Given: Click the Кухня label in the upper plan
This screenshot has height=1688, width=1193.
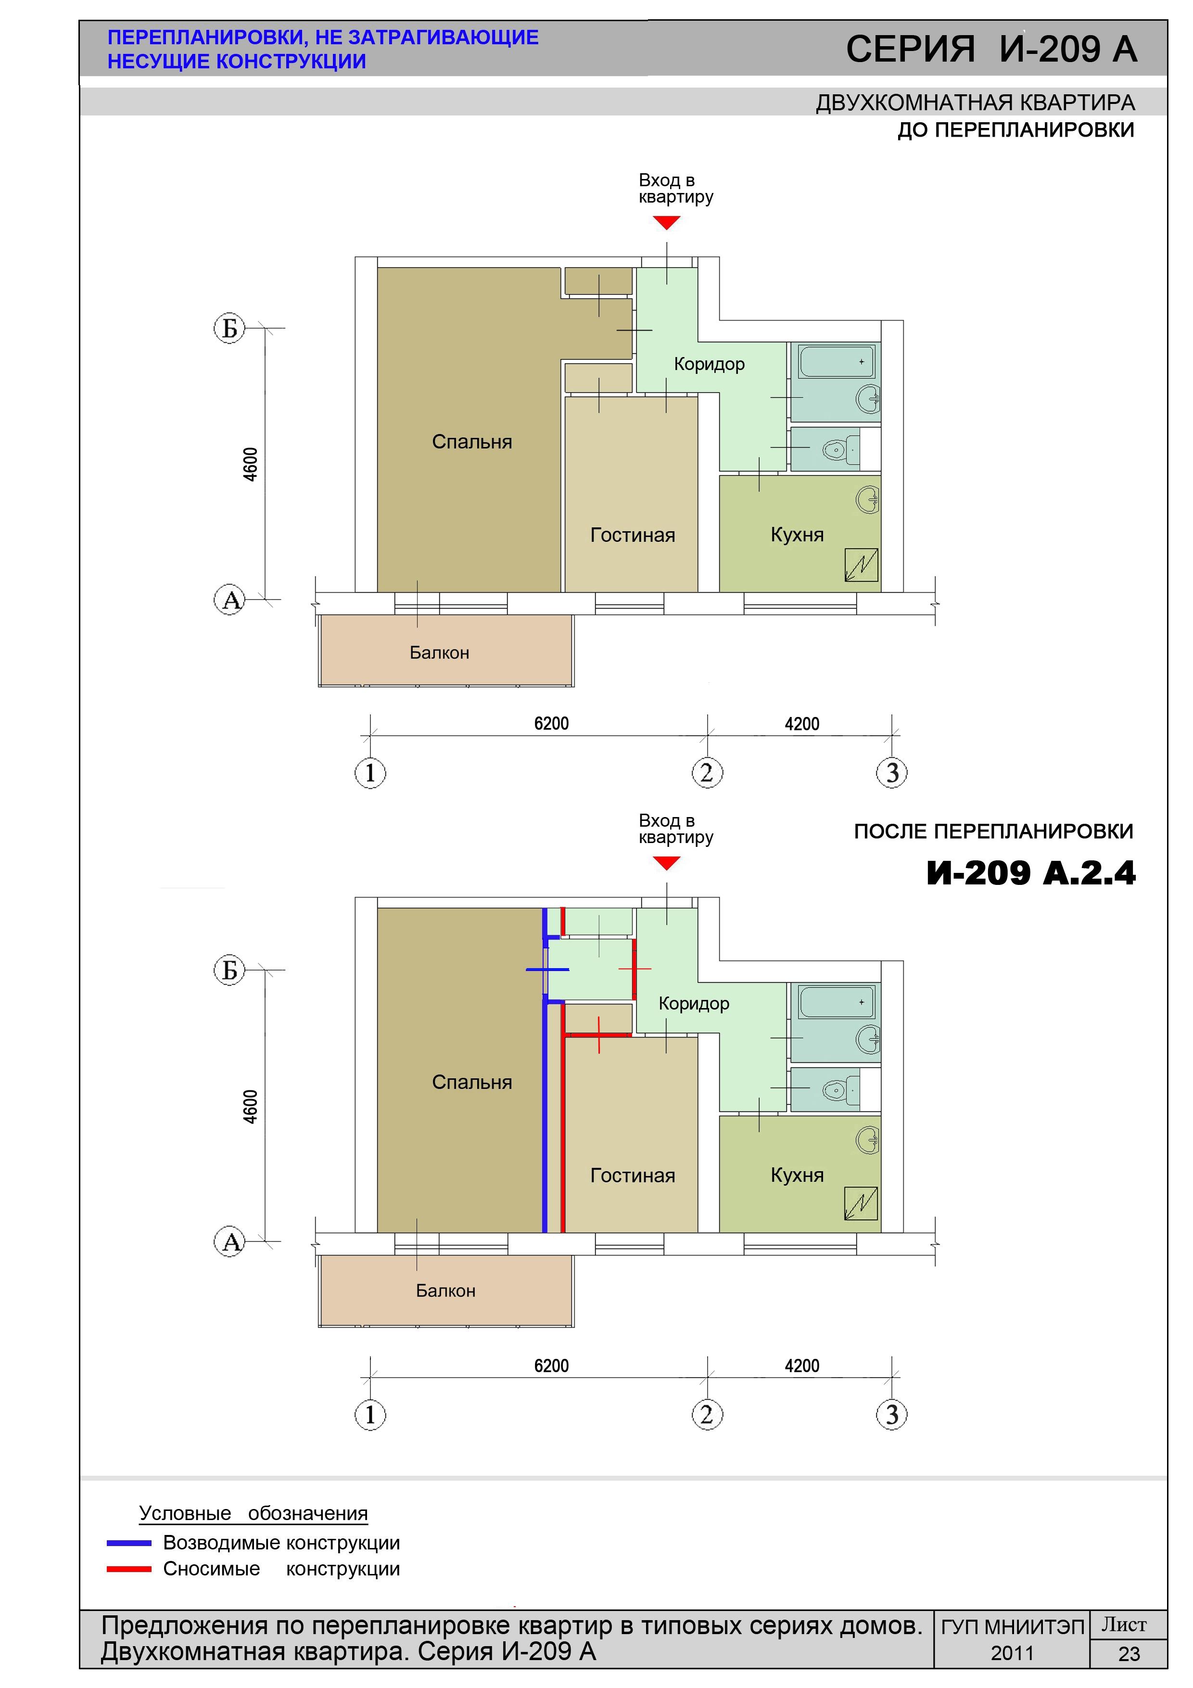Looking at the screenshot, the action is pos(797,535).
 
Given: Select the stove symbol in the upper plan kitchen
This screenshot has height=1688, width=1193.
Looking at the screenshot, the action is pos(862,564).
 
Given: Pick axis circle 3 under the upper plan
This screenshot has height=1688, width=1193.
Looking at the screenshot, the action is pos(892,773).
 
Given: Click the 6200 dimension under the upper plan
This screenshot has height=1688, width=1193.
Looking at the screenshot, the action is pos(551,723).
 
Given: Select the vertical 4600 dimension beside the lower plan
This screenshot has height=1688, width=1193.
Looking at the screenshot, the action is pos(251,1106).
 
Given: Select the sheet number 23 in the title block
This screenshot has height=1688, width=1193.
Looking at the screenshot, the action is pos(1129,1654).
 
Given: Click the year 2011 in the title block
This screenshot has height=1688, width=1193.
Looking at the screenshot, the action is pos(1012,1653).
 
